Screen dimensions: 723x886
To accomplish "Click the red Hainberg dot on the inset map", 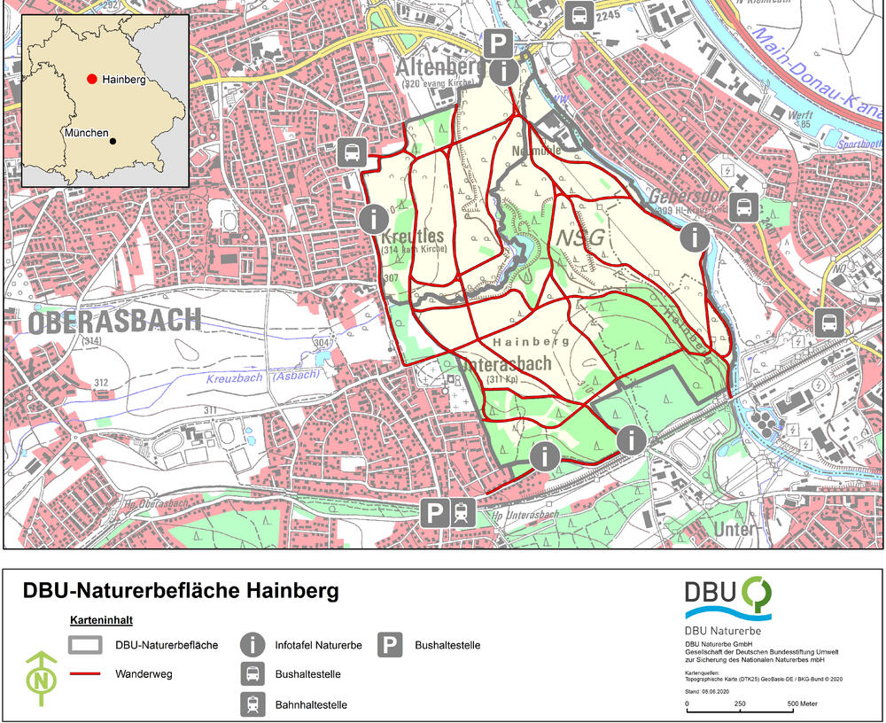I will click(91, 79).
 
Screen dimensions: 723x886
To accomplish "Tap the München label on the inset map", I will click(85, 133).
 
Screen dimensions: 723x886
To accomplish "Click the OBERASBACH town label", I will click(115, 321).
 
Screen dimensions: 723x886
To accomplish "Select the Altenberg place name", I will click(437, 67).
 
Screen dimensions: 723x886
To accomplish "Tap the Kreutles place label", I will click(413, 237).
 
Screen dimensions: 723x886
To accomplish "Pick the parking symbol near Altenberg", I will click(499, 41).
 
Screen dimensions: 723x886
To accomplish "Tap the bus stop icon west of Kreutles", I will click(352, 152).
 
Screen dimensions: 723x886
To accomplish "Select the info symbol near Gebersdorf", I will click(695, 237).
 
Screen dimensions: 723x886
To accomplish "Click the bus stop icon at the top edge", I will click(579, 15).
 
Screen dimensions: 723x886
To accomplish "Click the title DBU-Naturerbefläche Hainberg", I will click(180, 590).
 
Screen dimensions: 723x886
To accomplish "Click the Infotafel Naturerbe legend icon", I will click(253, 645).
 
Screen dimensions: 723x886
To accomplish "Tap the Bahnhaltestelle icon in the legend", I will click(253, 704).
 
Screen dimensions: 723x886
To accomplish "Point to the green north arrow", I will click(40, 679).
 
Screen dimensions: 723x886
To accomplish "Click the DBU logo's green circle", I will click(757, 592).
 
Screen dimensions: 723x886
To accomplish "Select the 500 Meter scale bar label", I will click(803, 704).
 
